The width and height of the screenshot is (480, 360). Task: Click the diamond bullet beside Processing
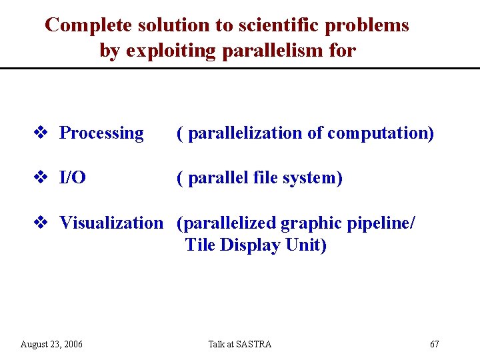(39, 133)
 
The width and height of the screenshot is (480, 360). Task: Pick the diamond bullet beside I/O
(39, 178)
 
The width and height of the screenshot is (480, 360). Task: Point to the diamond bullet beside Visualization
(39, 223)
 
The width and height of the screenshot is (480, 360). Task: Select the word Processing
(101, 133)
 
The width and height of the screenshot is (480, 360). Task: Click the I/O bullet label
(72, 178)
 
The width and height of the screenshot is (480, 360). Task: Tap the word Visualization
(111, 223)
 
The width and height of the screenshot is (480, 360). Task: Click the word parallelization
(245, 133)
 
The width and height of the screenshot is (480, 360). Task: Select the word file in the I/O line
(267, 178)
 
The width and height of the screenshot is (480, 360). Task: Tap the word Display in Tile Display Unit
(251, 245)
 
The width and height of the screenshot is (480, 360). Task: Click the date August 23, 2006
(51, 344)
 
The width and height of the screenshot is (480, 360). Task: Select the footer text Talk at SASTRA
(239, 344)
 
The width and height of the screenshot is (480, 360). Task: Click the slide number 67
(435, 344)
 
